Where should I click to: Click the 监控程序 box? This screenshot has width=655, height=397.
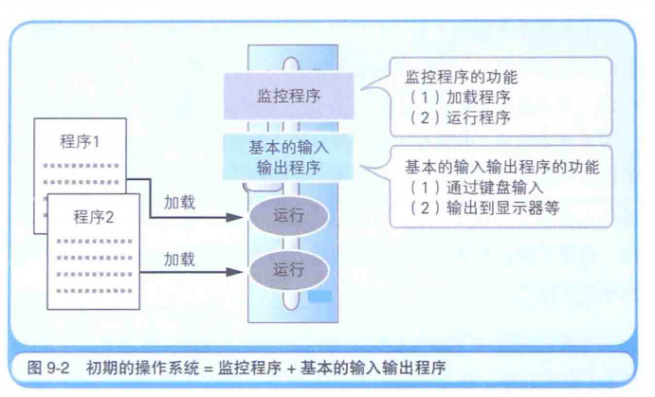287,97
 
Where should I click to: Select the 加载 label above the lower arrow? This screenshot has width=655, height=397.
180,258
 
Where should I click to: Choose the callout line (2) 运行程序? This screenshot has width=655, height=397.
458,118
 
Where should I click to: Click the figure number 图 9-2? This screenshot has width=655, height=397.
47,368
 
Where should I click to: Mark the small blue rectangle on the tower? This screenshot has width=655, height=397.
319,297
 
